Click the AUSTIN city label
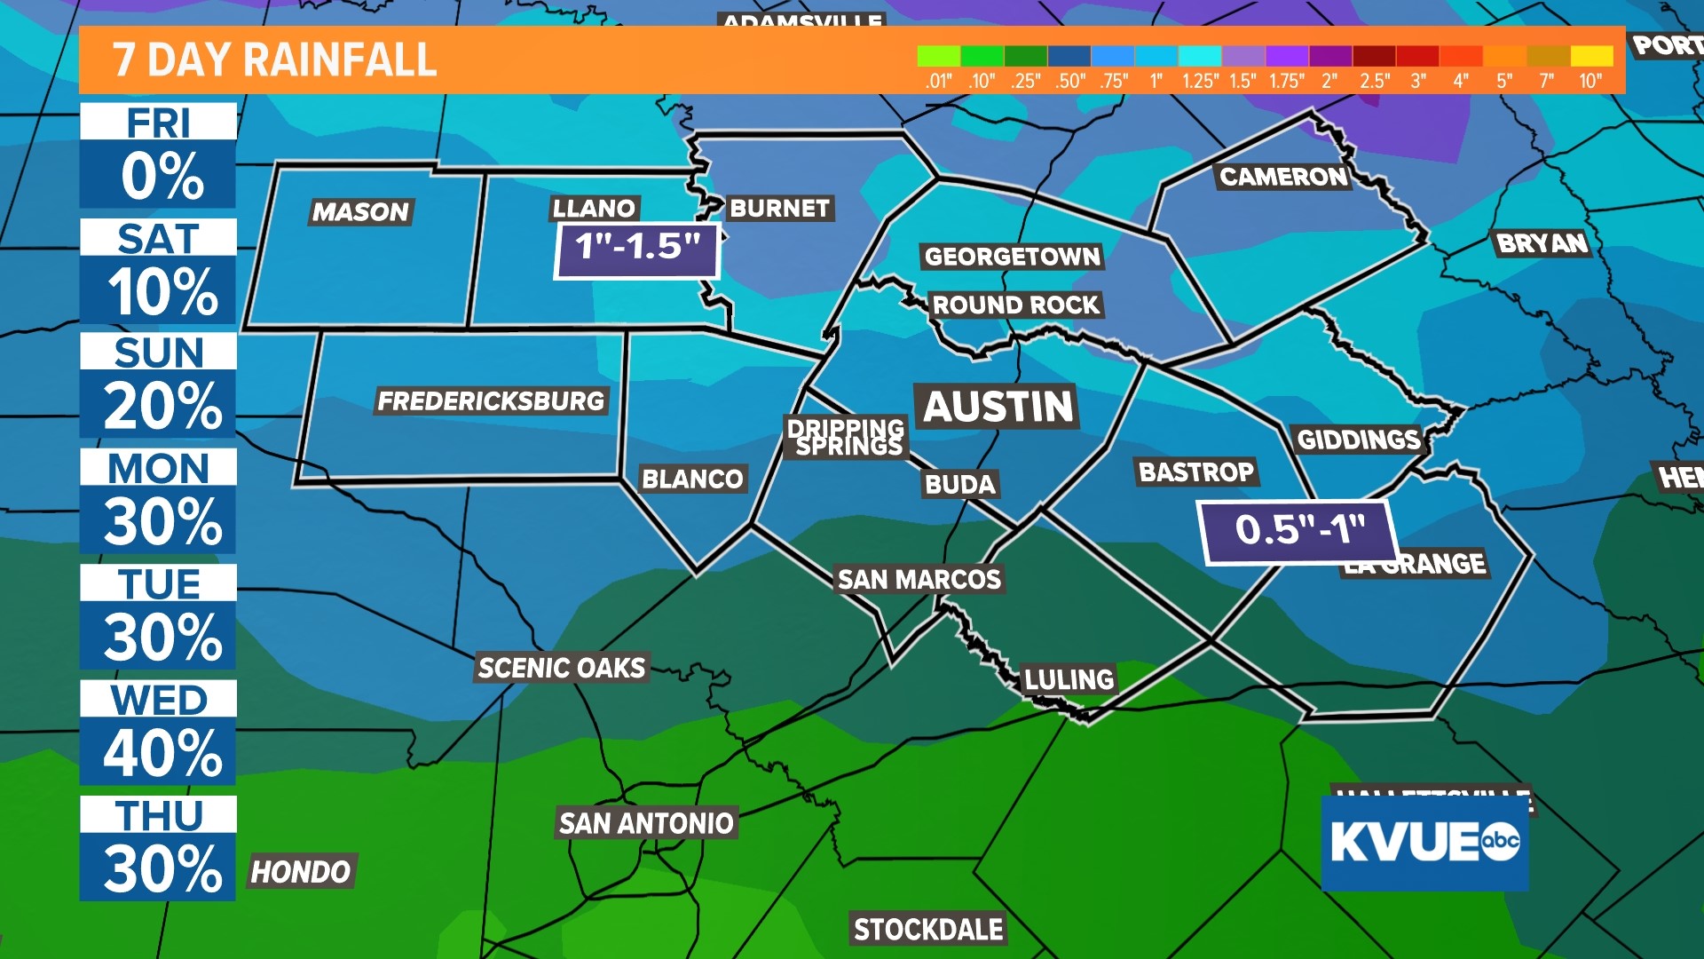tap(998, 407)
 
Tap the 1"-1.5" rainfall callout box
tap(636, 249)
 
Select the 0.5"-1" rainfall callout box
tap(1298, 530)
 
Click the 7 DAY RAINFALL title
tap(275, 60)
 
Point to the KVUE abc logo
tap(1424, 843)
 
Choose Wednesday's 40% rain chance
tap(162, 753)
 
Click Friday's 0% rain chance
tap(162, 176)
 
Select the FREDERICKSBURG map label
tap(491, 401)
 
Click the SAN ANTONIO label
tap(646, 823)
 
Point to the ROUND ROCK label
tap(1015, 305)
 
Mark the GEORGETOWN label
tap(1012, 258)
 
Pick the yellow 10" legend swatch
tap(1591, 56)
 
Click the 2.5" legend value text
tap(1375, 82)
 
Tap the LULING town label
tap(1069, 680)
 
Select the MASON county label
tap(360, 212)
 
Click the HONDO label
tap(301, 872)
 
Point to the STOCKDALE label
tap(928, 930)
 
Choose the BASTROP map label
tap(1196, 472)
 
